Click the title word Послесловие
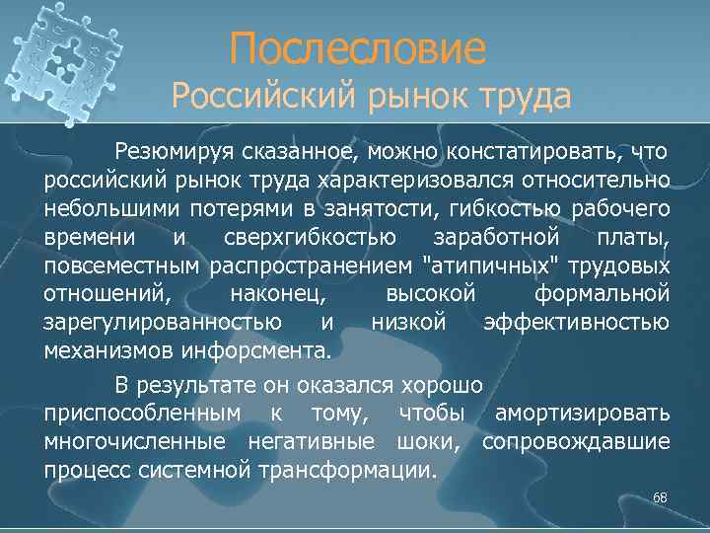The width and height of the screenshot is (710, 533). [358, 48]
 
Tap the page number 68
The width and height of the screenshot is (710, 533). [660, 497]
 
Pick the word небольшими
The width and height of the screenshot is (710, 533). [106, 209]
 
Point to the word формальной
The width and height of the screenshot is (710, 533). [602, 294]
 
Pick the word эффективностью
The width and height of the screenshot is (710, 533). [577, 323]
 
